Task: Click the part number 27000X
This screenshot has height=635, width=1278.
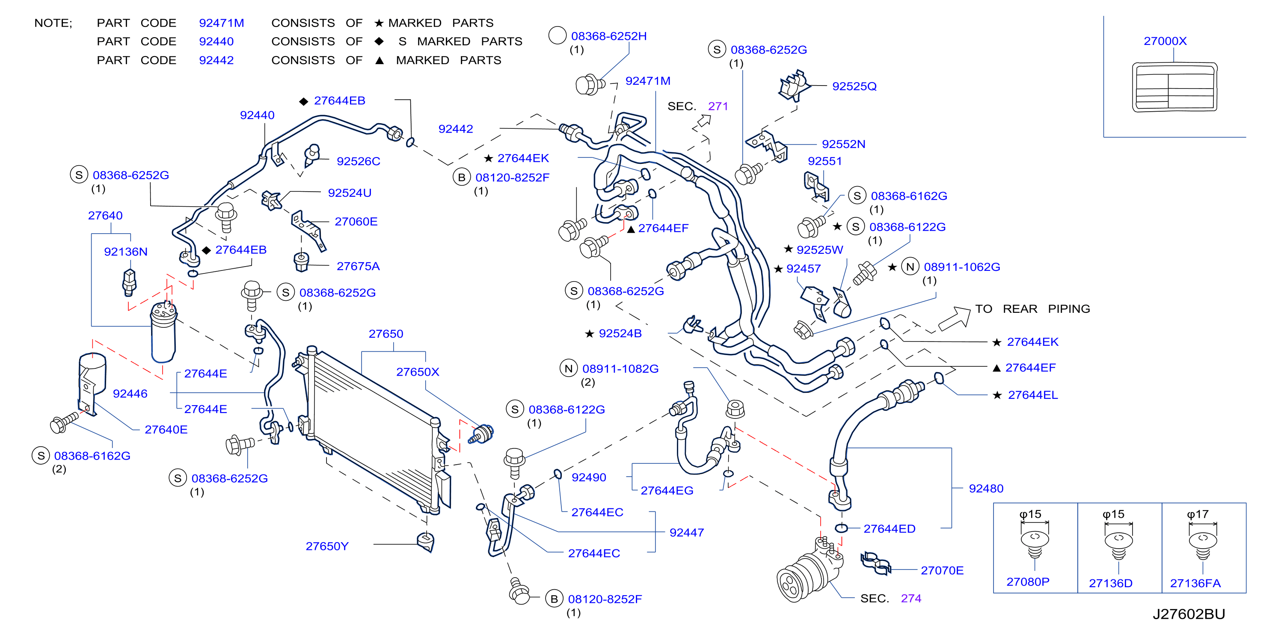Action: tap(1165, 41)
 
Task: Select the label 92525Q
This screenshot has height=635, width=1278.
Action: tap(854, 86)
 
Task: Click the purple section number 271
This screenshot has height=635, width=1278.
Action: tap(718, 106)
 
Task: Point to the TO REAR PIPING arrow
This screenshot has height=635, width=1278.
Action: tap(954, 318)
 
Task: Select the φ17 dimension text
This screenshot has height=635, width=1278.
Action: tap(1197, 514)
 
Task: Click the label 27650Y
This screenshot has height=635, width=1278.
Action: tap(327, 546)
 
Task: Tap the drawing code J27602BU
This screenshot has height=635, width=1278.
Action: tap(1188, 614)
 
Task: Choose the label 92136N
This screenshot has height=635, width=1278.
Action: tap(125, 252)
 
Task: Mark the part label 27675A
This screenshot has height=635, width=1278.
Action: tap(358, 267)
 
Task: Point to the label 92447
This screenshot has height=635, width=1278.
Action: tap(686, 533)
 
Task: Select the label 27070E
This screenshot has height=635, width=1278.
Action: tap(942, 570)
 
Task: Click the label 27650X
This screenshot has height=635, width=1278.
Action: tap(417, 372)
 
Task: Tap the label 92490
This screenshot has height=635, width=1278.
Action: tap(588, 477)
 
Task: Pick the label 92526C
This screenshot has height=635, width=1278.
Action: tap(358, 161)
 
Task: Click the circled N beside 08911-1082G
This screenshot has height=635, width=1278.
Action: tap(569, 368)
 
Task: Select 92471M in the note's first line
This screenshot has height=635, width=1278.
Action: tap(221, 23)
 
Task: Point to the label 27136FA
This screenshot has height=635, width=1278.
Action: tap(1195, 583)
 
